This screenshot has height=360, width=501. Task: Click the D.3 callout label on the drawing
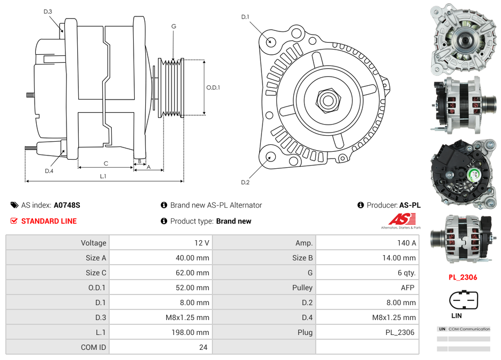(x=48, y=12)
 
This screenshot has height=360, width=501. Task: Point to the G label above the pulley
(x=174, y=27)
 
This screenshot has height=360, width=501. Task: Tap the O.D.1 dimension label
(x=213, y=88)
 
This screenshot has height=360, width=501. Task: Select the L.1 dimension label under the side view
(x=103, y=176)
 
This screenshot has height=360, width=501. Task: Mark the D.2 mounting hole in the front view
(x=270, y=157)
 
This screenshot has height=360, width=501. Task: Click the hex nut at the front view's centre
(x=327, y=99)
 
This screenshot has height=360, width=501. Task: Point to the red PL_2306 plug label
(x=463, y=277)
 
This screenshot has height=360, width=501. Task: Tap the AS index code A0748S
(x=67, y=205)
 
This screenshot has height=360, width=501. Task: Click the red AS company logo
(x=402, y=219)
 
